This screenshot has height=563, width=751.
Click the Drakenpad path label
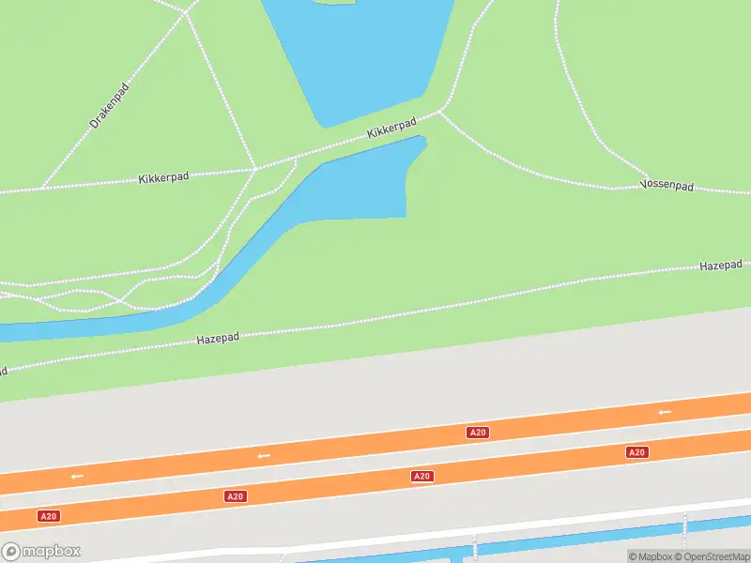click(x=109, y=106)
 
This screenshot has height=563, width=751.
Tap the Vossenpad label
click(x=667, y=186)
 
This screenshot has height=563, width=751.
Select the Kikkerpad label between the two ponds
click(x=391, y=129)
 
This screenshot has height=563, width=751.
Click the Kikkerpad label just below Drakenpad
click(x=163, y=177)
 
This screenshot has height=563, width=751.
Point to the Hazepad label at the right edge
click(x=720, y=266)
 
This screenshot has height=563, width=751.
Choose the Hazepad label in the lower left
click(x=218, y=338)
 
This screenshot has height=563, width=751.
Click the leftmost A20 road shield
click(x=48, y=516)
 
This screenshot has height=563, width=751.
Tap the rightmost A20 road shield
click(x=636, y=452)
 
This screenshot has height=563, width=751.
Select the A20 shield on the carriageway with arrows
click(x=478, y=432)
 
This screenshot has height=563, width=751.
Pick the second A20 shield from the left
click(x=236, y=495)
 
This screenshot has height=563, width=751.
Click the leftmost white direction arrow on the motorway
click(x=77, y=476)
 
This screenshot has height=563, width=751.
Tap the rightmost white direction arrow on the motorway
click(x=665, y=412)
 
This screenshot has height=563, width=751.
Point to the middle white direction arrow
click(x=264, y=456)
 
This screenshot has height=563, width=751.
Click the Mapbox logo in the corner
click(x=41, y=552)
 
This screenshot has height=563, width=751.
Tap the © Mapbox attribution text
click(x=651, y=556)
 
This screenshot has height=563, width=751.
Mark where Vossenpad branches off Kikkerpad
click(x=440, y=113)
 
